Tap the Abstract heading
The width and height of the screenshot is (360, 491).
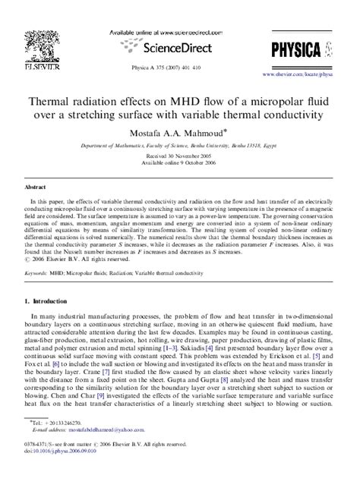[x=36, y=185]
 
